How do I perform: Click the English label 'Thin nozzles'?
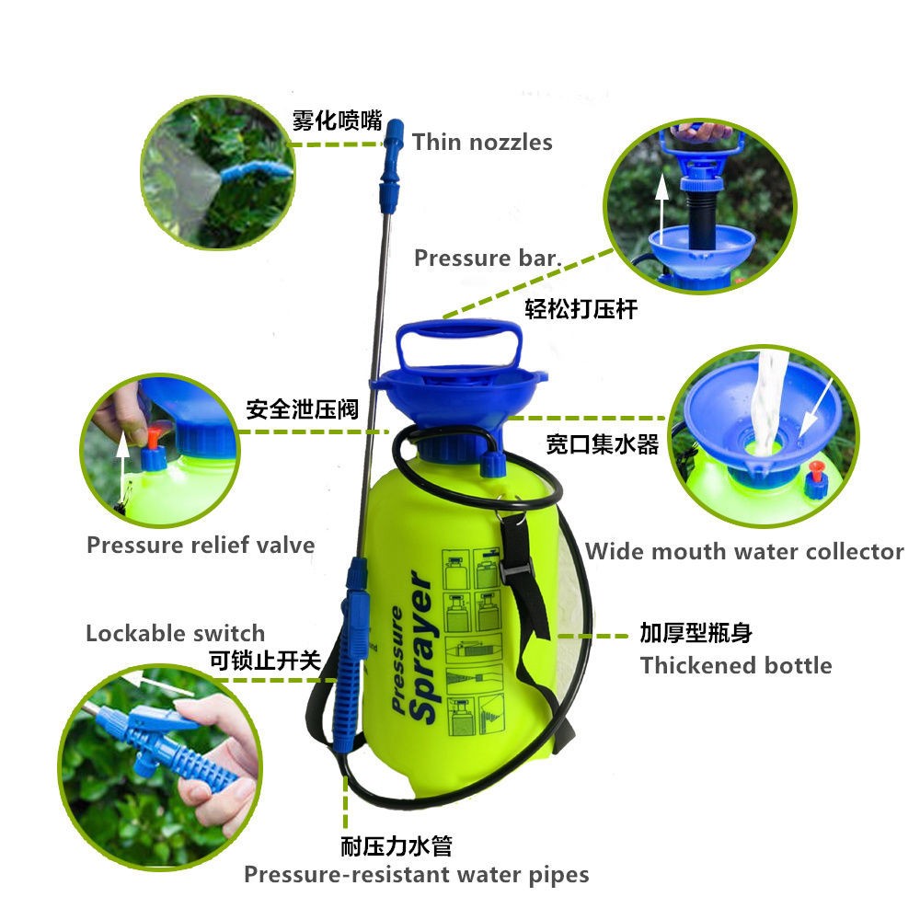482,142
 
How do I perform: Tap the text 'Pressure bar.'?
488,259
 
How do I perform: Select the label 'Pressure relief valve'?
201,545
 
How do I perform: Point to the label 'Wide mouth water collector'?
744,551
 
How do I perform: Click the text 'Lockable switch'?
176,634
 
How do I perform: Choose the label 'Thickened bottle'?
736,666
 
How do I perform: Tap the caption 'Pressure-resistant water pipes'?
417,875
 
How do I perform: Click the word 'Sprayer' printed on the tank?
423,647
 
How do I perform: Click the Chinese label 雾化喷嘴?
338,121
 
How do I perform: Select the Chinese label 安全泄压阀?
302,409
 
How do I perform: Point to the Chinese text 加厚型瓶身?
696,633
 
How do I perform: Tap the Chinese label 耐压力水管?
397,846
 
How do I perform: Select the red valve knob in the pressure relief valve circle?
153,438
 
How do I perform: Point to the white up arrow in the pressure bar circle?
661,209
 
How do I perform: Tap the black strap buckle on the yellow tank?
516,567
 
